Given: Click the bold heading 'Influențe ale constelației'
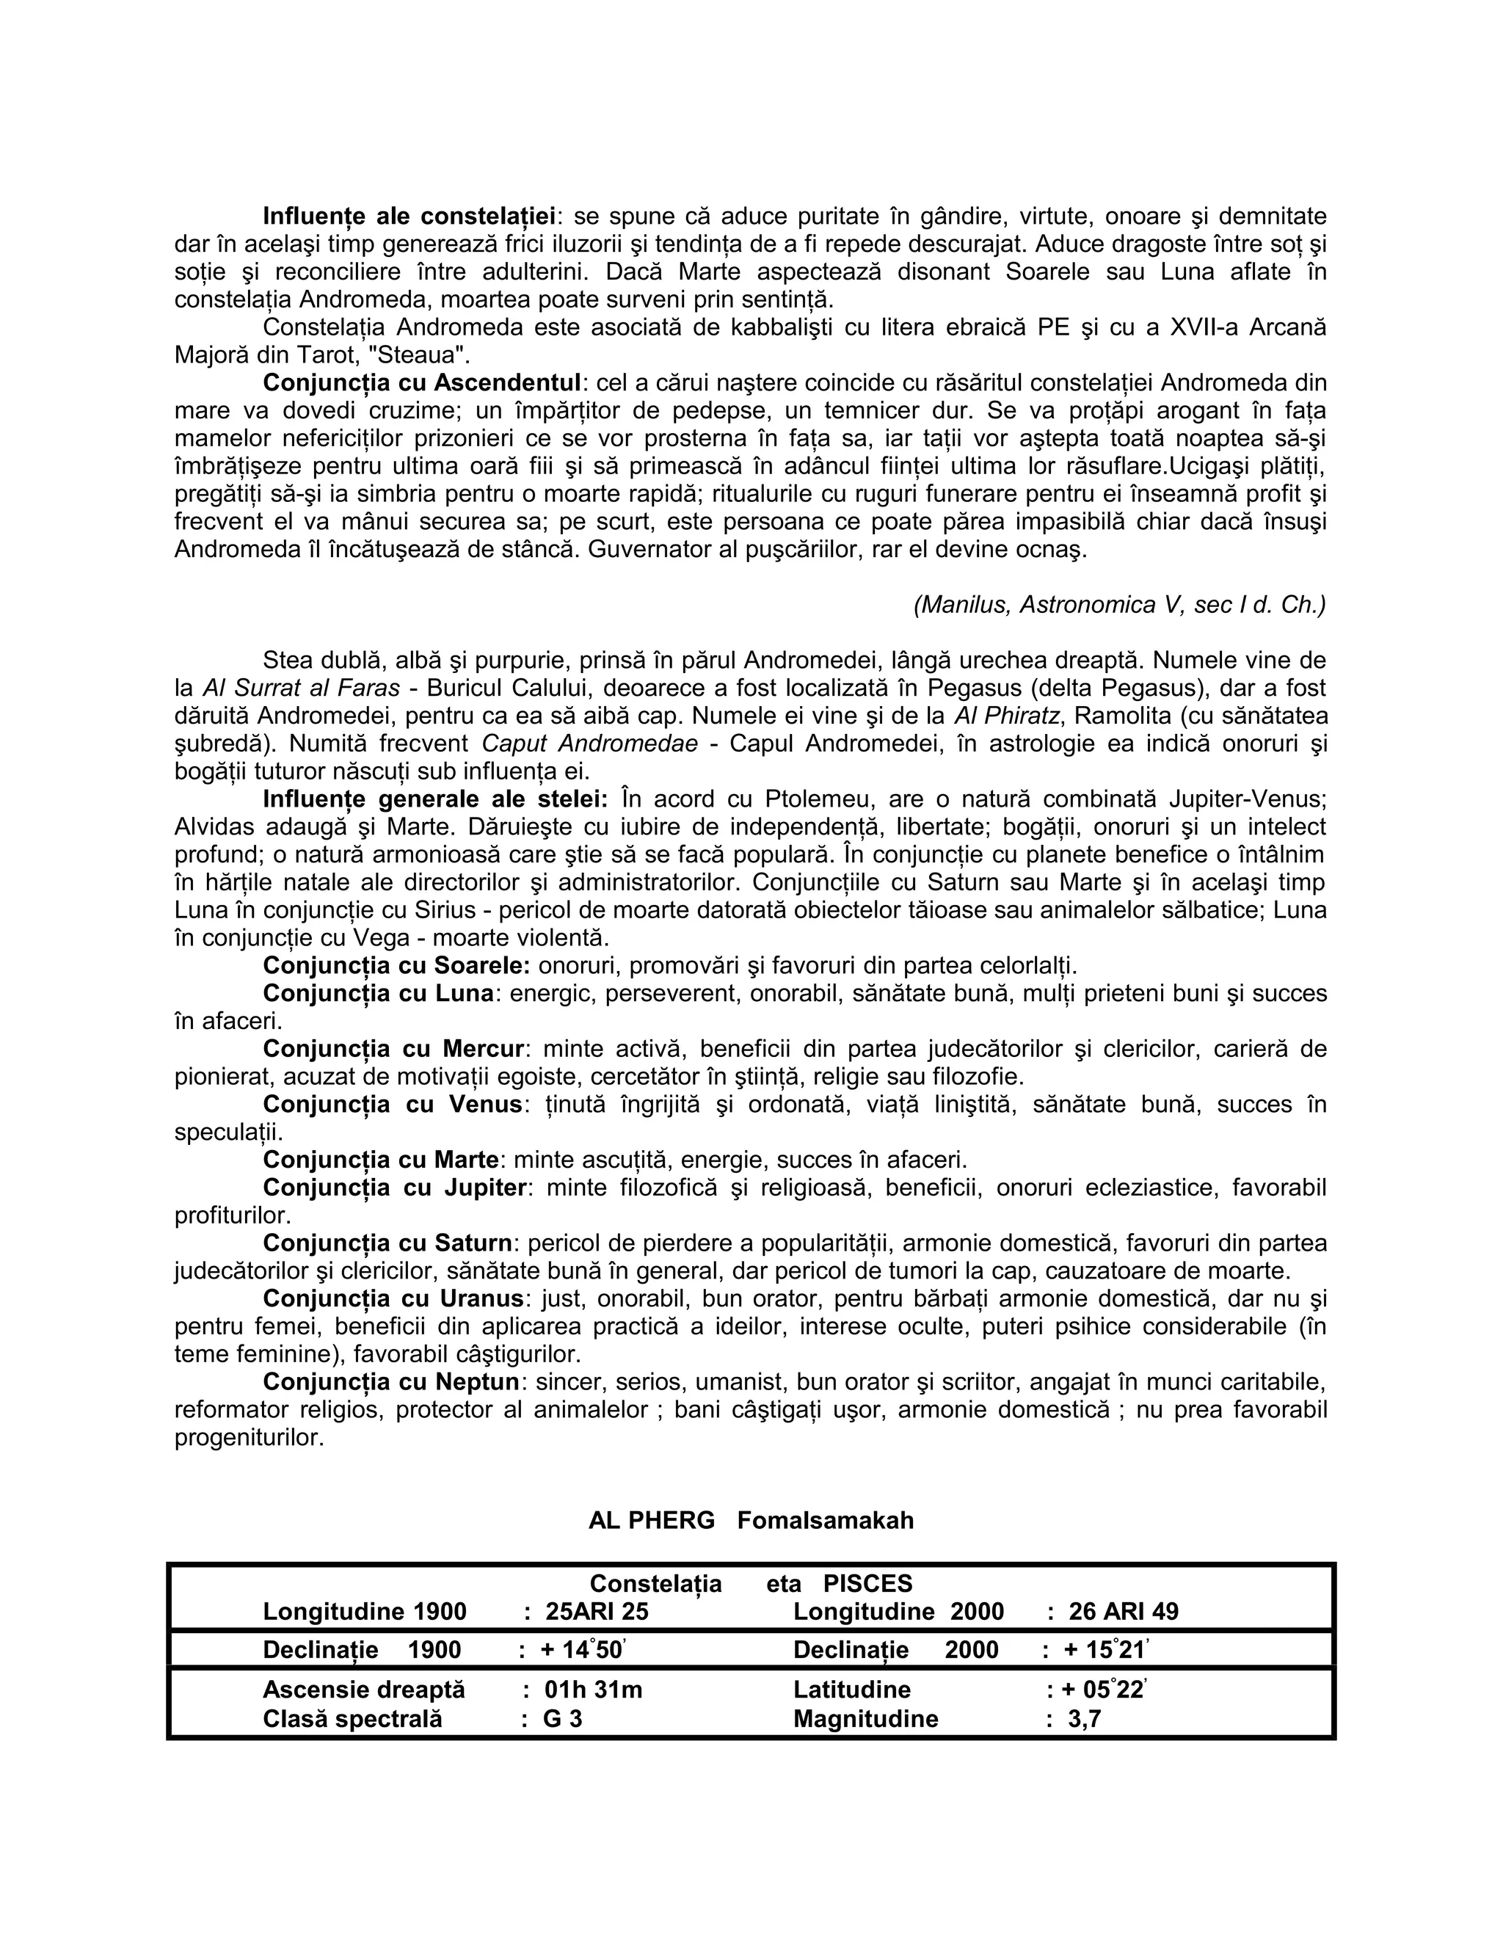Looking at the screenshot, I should point(409,217).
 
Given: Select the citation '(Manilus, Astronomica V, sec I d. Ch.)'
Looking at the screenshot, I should point(1119,606).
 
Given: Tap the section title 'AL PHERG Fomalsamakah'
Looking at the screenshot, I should point(751,1520).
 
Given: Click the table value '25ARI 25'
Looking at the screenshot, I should point(597,1612).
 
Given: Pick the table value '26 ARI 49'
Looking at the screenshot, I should point(1123,1612).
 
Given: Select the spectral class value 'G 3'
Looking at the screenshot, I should point(563,1719).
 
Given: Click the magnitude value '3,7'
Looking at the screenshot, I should point(1085,1719).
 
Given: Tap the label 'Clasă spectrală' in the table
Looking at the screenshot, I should point(352,1719).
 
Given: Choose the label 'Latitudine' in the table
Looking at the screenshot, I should point(851,1690).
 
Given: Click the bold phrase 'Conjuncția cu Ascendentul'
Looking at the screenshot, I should point(421,383).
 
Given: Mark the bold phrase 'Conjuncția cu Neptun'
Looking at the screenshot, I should point(391,1382).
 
